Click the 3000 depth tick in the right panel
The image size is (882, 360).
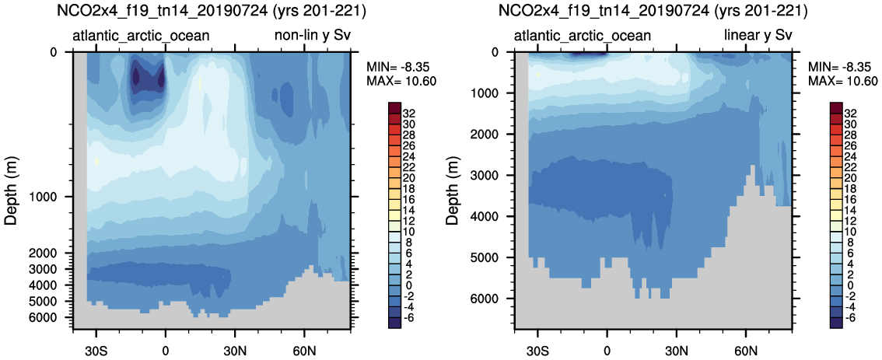[x=490, y=175]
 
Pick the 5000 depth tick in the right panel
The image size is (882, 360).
[x=490, y=257]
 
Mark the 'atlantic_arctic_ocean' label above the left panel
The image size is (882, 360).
[x=141, y=36]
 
